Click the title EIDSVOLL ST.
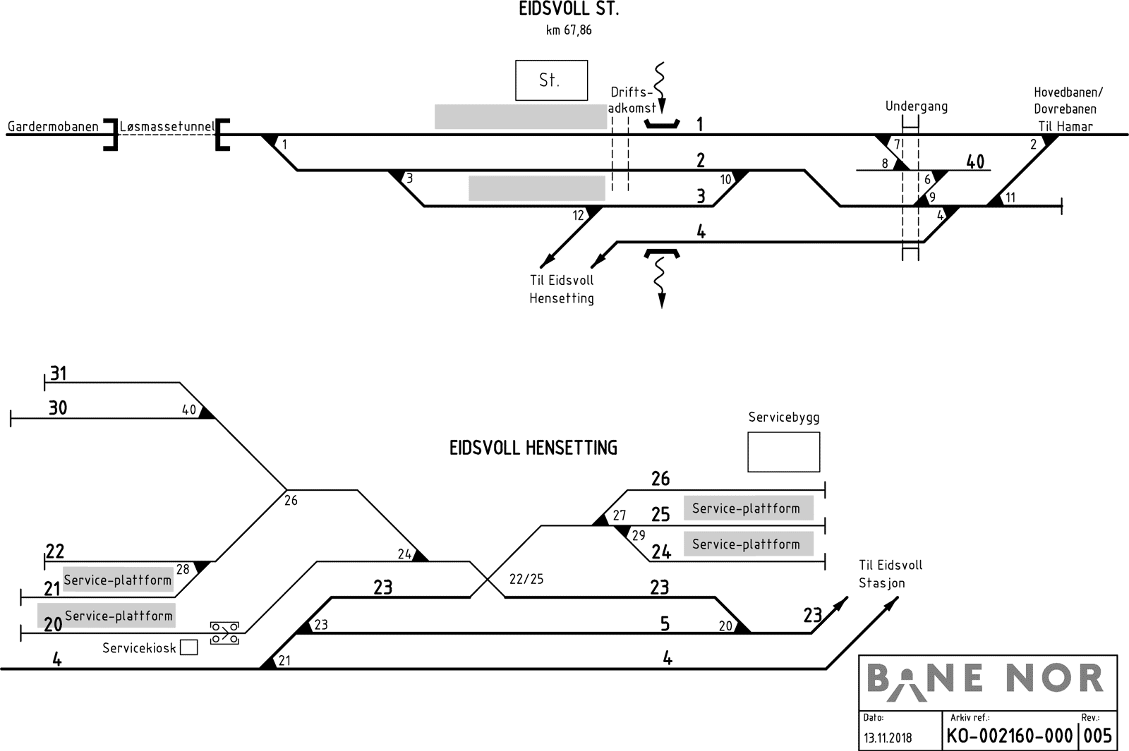click(569, 10)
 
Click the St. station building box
click(551, 80)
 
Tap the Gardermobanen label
click(53, 127)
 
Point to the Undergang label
click(916, 106)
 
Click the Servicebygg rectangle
click(783, 452)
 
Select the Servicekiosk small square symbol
click(188, 647)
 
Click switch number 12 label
click(579, 216)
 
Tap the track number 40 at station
click(974, 161)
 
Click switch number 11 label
click(1010, 197)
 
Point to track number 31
click(58, 373)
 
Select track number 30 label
click(58, 408)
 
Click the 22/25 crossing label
click(526, 580)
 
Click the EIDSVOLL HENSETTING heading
click(533, 448)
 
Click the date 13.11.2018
click(887, 738)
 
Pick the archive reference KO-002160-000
click(1009, 736)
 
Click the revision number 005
click(1097, 736)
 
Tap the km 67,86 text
click(569, 30)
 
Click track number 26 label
click(660, 479)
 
